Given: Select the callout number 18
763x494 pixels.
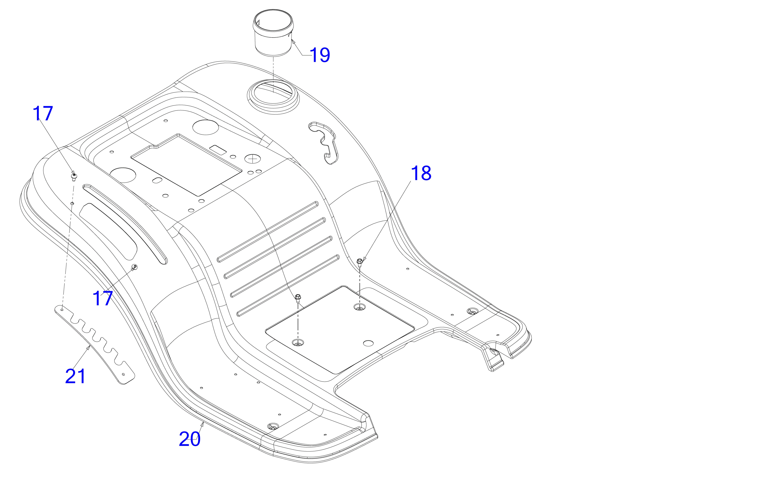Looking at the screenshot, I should [421, 174].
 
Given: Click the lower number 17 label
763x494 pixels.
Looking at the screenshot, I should [103, 298].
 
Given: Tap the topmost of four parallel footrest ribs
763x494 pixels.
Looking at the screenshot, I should [268, 232].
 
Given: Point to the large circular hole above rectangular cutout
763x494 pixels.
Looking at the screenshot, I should [206, 127].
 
